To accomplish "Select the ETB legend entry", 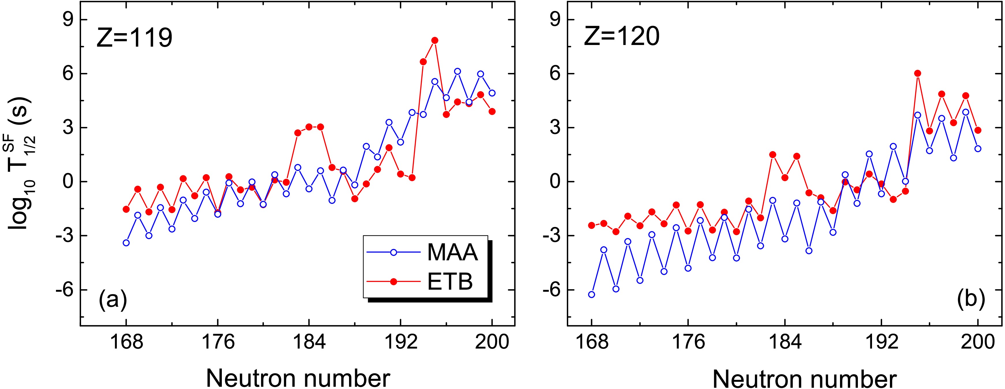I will click(x=450, y=282).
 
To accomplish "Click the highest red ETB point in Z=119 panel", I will click(x=435, y=40).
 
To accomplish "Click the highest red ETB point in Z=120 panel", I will click(x=917, y=73).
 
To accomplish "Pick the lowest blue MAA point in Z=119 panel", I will click(x=126, y=243).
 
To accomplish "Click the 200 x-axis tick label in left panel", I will click(x=492, y=342).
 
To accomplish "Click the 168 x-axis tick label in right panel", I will click(x=591, y=342).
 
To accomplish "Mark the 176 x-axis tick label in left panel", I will click(x=218, y=342).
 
